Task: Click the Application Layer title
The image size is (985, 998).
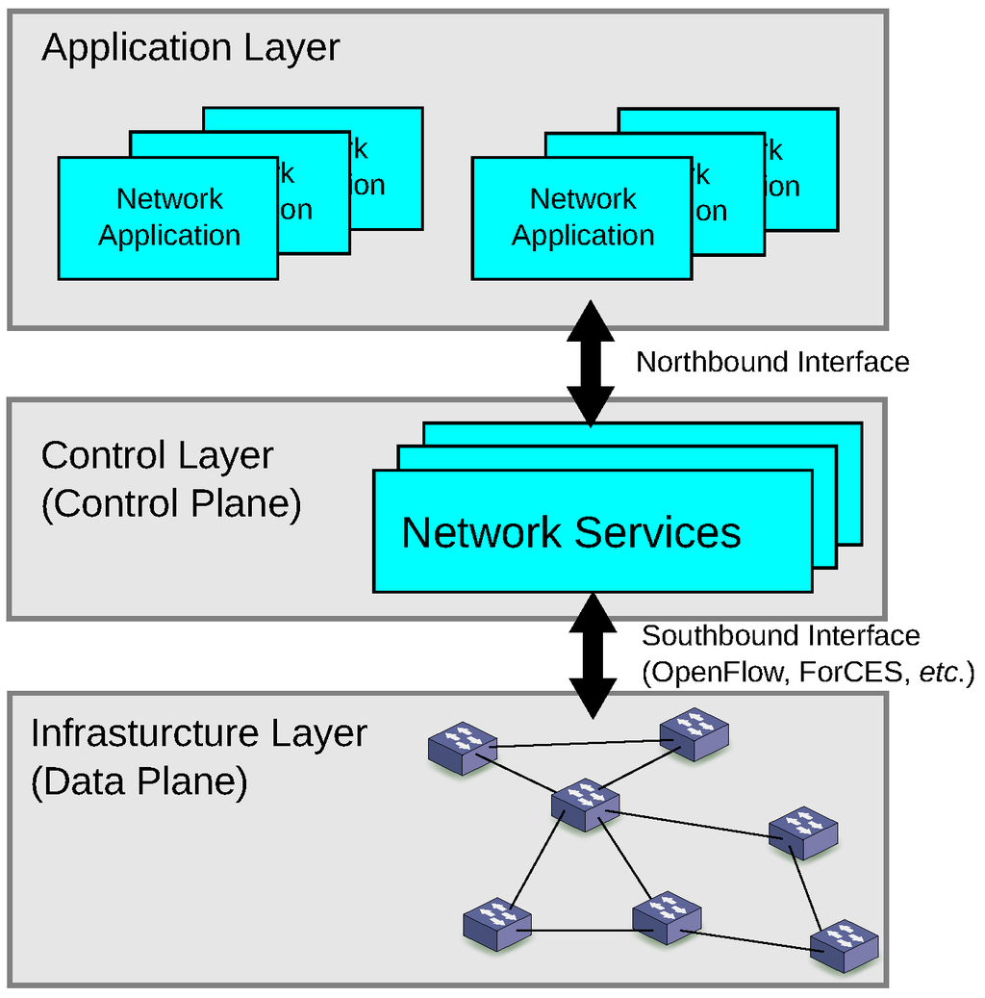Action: pos(190,48)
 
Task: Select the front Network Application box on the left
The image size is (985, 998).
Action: pos(168,218)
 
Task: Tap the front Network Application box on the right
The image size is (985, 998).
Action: pos(582,218)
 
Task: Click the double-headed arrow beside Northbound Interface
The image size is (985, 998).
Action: pos(590,363)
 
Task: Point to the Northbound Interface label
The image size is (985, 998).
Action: pos(772,363)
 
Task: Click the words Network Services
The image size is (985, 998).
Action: pos(571,532)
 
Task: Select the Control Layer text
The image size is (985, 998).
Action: pos(158,455)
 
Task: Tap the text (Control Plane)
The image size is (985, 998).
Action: pos(171,503)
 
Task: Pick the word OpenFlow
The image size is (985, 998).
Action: pos(718,673)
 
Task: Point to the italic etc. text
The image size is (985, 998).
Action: pos(941,673)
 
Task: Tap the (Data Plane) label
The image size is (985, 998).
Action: pos(139,781)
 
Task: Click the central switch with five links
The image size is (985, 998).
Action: pos(585,804)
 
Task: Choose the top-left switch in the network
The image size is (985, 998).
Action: pos(463,748)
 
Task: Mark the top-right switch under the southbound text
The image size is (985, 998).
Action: pos(694,734)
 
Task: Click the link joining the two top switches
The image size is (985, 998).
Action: pos(577,743)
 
